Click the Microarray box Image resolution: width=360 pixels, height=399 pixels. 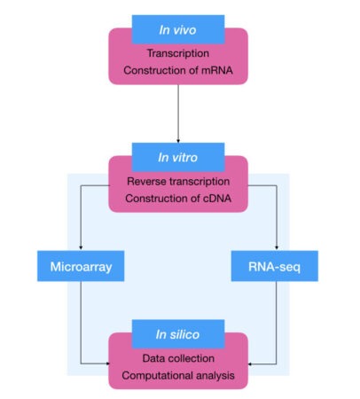click(82, 265)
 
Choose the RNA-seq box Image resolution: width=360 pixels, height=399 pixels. click(277, 265)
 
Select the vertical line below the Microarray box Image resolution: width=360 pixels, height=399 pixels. click(82, 319)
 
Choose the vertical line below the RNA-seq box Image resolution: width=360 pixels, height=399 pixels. click(277, 319)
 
